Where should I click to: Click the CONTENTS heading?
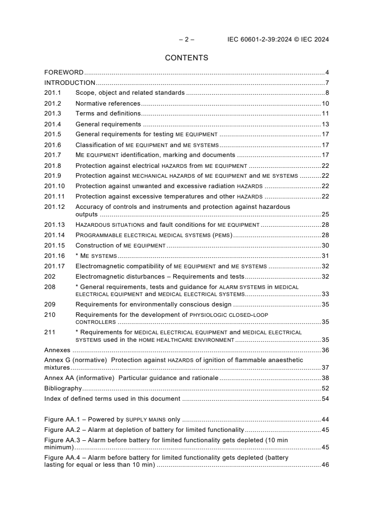(x=187, y=58)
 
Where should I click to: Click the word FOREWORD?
(x=64, y=73)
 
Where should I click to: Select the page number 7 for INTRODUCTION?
(x=327, y=83)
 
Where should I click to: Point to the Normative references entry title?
(x=108, y=104)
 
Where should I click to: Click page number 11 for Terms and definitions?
(x=325, y=114)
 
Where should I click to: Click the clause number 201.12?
(x=54, y=207)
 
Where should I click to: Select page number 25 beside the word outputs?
(x=325, y=215)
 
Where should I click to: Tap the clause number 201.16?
(x=54, y=256)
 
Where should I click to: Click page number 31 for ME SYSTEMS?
(x=325, y=256)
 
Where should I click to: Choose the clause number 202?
(x=50, y=277)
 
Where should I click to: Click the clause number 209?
(x=50, y=305)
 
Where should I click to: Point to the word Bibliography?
(x=63, y=388)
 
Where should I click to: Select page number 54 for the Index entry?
(x=325, y=399)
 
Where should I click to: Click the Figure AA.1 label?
(x=65, y=420)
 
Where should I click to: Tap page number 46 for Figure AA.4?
(x=325, y=465)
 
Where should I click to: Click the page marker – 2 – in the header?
(x=186, y=40)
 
